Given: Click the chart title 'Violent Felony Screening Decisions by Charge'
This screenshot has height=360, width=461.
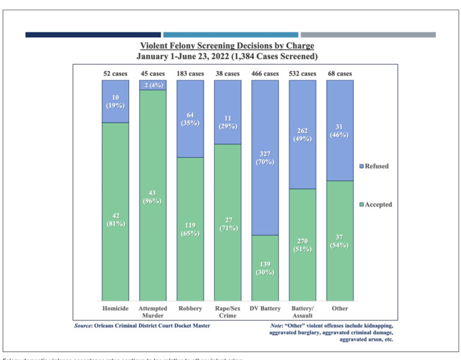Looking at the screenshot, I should pyautogui.click(x=227, y=46).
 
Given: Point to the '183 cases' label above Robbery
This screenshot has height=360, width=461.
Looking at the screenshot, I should pyautogui.click(x=190, y=74).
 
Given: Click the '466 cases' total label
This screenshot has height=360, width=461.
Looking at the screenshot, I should pyautogui.click(x=265, y=74).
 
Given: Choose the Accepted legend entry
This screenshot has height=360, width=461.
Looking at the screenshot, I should pyautogui.click(x=375, y=205).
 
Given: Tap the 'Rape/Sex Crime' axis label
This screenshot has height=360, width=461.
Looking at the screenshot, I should pyautogui.click(x=227, y=312).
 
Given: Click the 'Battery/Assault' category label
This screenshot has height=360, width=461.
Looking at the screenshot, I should pyautogui.click(x=302, y=312).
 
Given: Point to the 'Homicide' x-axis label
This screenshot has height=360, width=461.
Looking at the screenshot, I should pyautogui.click(x=115, y=309).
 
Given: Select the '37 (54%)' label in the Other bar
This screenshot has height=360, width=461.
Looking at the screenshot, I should pyautogui.click(x=340, y=241).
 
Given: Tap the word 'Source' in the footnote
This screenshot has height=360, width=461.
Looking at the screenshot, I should pyautogui.click(x=85, y=325).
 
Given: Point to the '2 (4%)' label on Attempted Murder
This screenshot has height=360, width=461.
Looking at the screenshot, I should pyautogui.click(x=152, y=85).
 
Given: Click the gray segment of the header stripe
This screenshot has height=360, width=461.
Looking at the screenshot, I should pyautogui.click(x=368, y=35).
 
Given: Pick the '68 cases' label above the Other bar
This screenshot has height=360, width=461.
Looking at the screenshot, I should pyautogui.click(x=340, y=74).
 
